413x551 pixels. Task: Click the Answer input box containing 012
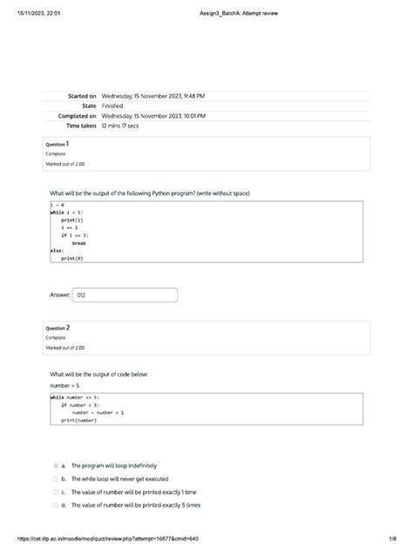(125, 296)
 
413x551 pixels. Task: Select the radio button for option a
(54, 466)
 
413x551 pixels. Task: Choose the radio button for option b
(54, 479)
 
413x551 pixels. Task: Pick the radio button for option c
(54, 492)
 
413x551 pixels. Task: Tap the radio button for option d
(54, 505)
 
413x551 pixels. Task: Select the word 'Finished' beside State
(112, 105)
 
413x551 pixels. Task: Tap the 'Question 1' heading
(58, 144)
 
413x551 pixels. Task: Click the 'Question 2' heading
(58, 328)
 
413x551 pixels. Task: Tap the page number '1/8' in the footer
(393, 539)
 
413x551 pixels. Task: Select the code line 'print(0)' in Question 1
(72, 258)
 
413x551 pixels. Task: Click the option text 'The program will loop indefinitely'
(114, 466)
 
